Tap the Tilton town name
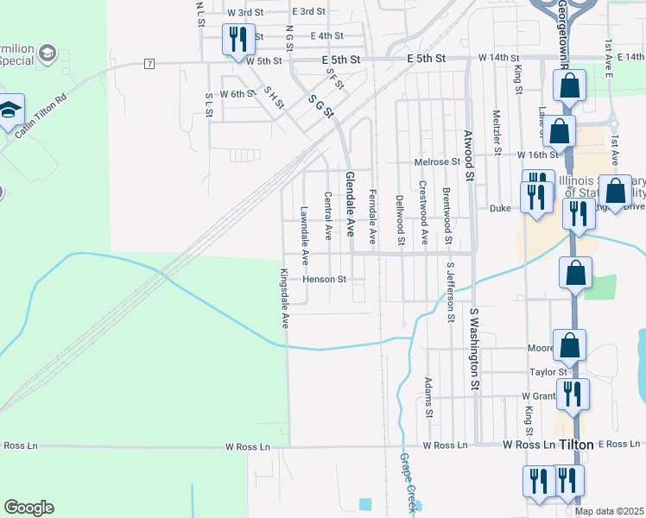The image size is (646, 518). [576, 445]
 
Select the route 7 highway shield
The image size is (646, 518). [149, 64]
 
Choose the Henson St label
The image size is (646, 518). [324, 280]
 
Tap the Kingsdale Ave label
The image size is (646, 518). [283, 298]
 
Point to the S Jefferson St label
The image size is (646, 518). [450, 291]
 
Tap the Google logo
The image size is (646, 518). [28, 508]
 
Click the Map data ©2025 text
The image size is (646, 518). [610, 511]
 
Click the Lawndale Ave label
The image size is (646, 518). [304, 234]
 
